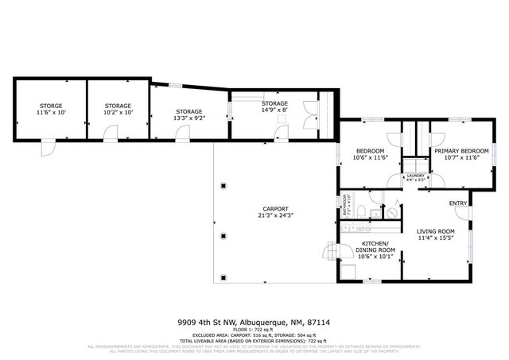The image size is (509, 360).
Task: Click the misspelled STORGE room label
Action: click(x=51, y=106)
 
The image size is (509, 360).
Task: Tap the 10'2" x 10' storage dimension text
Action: click(x=118, y=113)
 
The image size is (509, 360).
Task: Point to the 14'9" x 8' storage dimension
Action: click(x=275, y=110)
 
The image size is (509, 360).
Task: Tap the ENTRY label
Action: click(x=458, y=203)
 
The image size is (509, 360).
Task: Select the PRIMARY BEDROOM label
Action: click(x=460, y=150)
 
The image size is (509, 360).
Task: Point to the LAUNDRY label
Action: click(x=416, y=176)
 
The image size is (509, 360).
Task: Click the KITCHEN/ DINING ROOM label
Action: click(x=375, y=246)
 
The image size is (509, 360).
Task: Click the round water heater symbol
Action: click(x=390, y=212)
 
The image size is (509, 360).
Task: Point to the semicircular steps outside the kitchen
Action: click(x=328, y=253)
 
